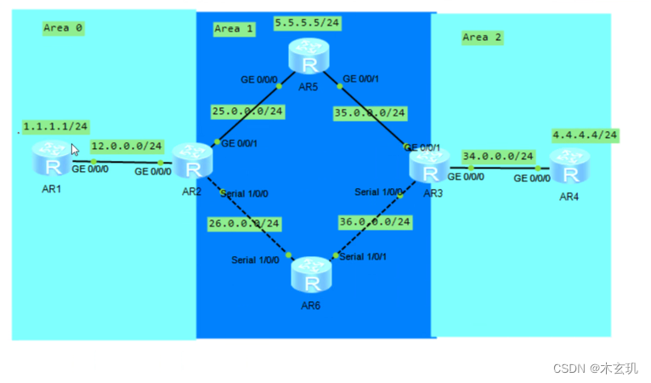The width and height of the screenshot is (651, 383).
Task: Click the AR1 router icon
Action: tap(53, 160)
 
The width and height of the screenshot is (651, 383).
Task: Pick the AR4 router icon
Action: tap(569, 168)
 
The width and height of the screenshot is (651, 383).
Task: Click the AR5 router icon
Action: tap(308, 59)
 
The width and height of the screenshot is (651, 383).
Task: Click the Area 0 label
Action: tap(63, 28)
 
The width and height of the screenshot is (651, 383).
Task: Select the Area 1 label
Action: tap(234, 29)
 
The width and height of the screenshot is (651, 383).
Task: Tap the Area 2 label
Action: tap(482, 37)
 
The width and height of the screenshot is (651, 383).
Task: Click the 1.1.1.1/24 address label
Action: tap(55, 127)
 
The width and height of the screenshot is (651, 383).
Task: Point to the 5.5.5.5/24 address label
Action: tap(306, 22)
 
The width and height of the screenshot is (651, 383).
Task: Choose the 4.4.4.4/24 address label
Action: tap(585, 135)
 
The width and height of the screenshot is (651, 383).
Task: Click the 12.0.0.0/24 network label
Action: tap(127, 146)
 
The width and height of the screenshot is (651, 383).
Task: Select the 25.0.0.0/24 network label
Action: tap(248, 111)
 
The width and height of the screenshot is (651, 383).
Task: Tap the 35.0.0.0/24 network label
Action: tap(371, 112)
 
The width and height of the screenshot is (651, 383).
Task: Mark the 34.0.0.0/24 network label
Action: tap(498, 156)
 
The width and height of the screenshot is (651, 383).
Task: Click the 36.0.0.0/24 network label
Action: tap(374, 221)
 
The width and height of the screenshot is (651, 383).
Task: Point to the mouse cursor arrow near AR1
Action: tap(75, 149)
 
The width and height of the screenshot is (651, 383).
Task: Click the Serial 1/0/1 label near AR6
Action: tap(364, 256)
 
